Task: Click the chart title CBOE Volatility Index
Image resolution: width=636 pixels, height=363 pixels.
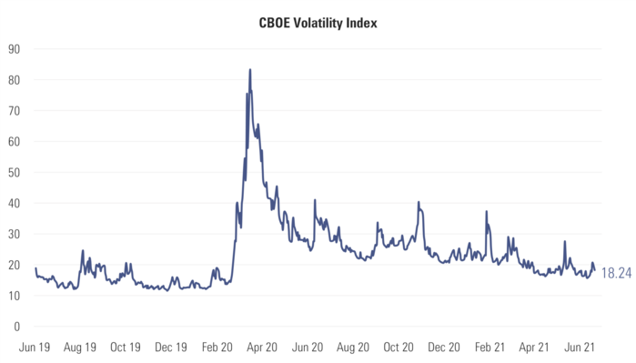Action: tap(318, 23)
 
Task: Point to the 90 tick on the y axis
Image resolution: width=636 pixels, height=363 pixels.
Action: tap(15, 48)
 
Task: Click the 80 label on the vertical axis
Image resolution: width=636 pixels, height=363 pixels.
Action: tap(15, 79)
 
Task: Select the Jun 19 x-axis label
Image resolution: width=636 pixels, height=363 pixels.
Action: tap(35, 347)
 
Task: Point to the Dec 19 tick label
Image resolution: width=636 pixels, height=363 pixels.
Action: tap(171, 347)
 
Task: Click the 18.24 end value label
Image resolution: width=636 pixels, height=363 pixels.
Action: tap(615, 271)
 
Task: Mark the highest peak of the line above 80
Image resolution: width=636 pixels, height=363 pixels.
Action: tap(250, 69)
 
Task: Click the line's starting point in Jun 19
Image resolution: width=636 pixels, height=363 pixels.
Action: tap(35, 267)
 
